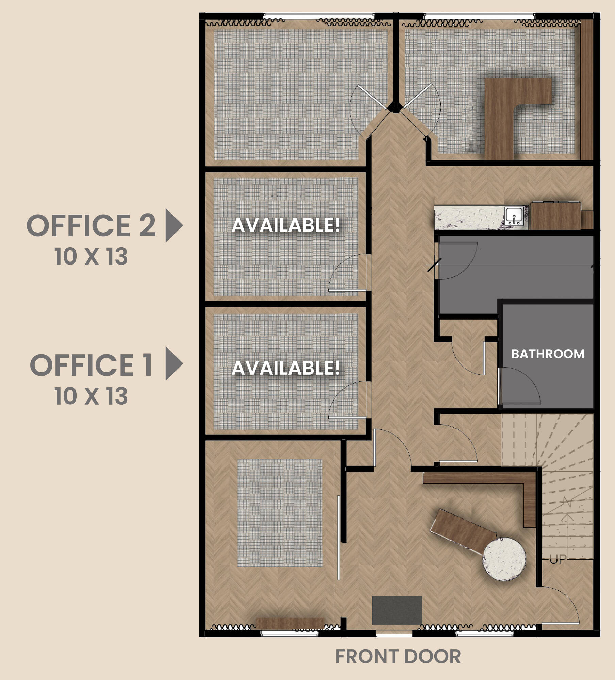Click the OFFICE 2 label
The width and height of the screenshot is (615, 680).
click(x=91, y=225)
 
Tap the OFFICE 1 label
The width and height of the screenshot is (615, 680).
click(x=91, y=365)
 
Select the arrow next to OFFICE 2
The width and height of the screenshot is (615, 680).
click(x=174, y=225)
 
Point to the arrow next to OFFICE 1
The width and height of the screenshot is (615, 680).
click(x=174, y=363)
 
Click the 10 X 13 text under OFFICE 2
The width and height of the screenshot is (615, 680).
click(x=91, y=256)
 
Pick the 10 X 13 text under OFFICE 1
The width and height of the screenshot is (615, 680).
click(x=91, y=396)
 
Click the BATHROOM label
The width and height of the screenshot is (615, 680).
click(x=548, y=354)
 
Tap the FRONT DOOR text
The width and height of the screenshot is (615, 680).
click(x=398, y=657)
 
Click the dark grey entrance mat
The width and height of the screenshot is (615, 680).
click(x=397, y=610)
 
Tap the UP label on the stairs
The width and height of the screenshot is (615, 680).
click(x=558, y=559)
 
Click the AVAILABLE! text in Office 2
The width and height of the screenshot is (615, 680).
click(x=286, y=225)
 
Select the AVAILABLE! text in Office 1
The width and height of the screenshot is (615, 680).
click(x=286, y=368)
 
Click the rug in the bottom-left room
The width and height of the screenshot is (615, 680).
click(x=280, y=513)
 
